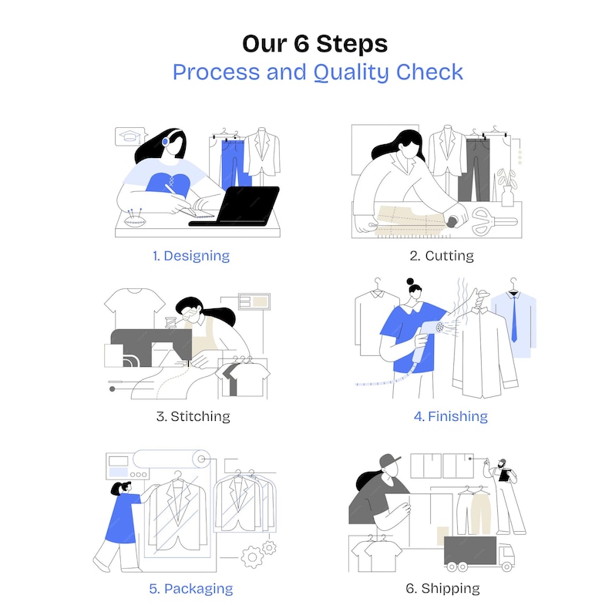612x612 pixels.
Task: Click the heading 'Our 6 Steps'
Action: [x=314, y=43]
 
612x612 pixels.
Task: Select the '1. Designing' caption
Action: [x=191, y=256]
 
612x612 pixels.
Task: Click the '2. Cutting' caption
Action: [x=442, y=256]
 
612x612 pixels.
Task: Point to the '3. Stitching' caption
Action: [x=193, y=416]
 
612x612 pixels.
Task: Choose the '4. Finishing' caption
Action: [x=450, y=416]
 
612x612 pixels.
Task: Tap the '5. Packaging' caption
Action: [x=191, y=589]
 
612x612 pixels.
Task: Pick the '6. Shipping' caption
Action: [x=442, y=589]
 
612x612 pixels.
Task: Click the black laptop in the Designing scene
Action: [x=238, y=206]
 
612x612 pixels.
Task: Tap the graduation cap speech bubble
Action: [x=130, y=136]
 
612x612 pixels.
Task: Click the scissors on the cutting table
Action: [x=494, y=222]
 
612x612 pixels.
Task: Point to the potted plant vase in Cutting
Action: [x=507, y=196]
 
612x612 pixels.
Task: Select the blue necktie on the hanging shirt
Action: [x=514, y=319]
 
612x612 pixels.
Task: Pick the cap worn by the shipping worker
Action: [x=389, y=461]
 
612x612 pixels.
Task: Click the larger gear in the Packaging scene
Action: [x=252, y=557]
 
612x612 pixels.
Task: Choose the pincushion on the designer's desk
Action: [x=135, y=220]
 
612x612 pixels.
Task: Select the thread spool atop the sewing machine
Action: [x=170, y=323]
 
